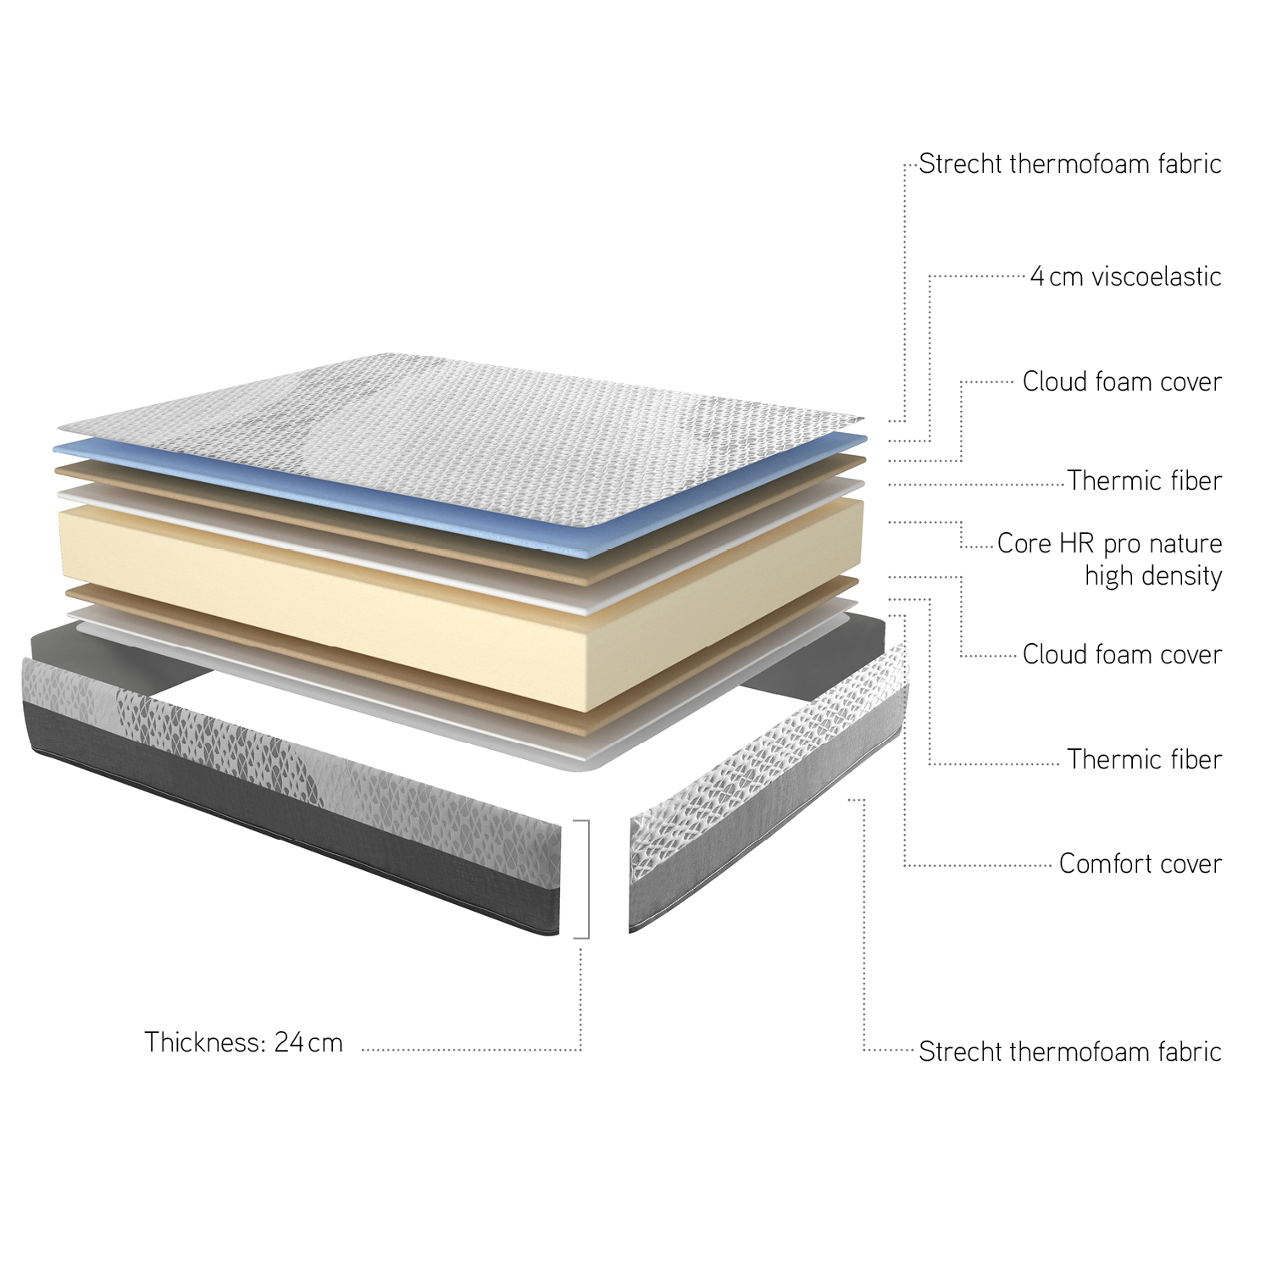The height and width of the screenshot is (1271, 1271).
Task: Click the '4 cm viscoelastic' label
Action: tap(1126, 276)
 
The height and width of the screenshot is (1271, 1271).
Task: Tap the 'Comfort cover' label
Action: tap(1141, 863)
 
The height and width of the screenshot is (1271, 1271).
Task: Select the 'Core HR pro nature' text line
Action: tap(1110, 543)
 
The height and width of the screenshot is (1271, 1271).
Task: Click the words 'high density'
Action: tap(1153, 576)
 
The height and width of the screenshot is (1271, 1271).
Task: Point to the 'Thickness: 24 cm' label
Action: tap(243, 1041)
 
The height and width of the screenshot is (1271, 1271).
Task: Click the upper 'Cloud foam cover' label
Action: tap(1122, 381)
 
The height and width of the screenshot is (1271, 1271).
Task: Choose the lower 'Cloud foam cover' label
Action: tap(1122, 654)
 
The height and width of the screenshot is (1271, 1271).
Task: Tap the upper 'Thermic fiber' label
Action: tap(1145, 480)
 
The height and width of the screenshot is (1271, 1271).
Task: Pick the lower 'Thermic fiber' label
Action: tap(1145, 759)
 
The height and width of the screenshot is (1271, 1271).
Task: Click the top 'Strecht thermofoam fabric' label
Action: tap(1070, 164)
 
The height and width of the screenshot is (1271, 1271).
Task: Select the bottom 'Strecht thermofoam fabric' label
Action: tap(1070, 1052)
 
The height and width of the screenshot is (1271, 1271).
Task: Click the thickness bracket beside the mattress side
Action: tap(587, 879)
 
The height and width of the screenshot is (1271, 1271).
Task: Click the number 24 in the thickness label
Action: tap(289, 1041)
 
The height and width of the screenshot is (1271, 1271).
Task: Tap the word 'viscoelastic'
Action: tap(1157, 276)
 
